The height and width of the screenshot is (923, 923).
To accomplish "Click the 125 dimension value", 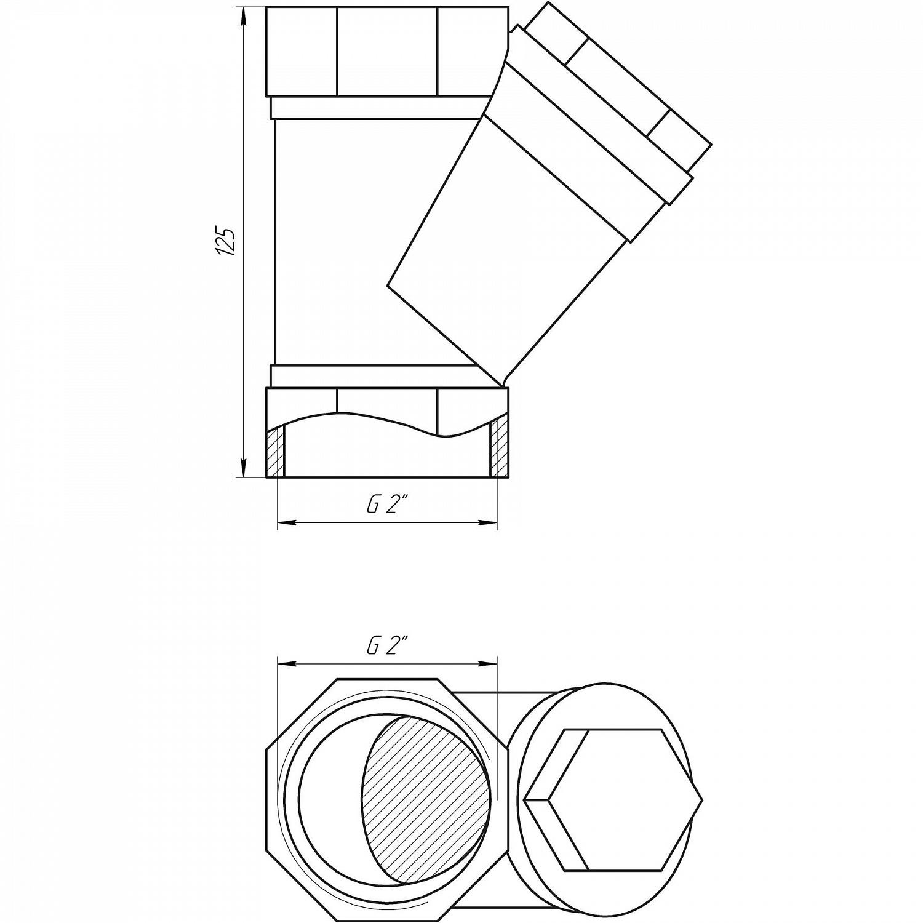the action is click(226, 242).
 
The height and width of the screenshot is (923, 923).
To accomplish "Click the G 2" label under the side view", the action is click(388, 505).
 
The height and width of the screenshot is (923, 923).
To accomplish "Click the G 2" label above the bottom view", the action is click(388, 646).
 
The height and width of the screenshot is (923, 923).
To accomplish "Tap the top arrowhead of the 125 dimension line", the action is click(244, 17).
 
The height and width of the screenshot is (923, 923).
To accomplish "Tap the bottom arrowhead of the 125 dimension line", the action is click(244, 468).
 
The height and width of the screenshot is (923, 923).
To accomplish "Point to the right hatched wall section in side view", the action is click(499, 449).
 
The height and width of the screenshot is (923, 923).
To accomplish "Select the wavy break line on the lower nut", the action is click(386, 425).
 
